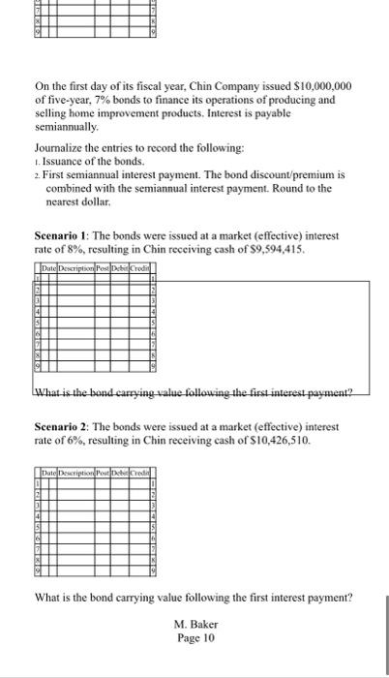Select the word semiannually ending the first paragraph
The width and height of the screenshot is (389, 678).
[x=66, y=128]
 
